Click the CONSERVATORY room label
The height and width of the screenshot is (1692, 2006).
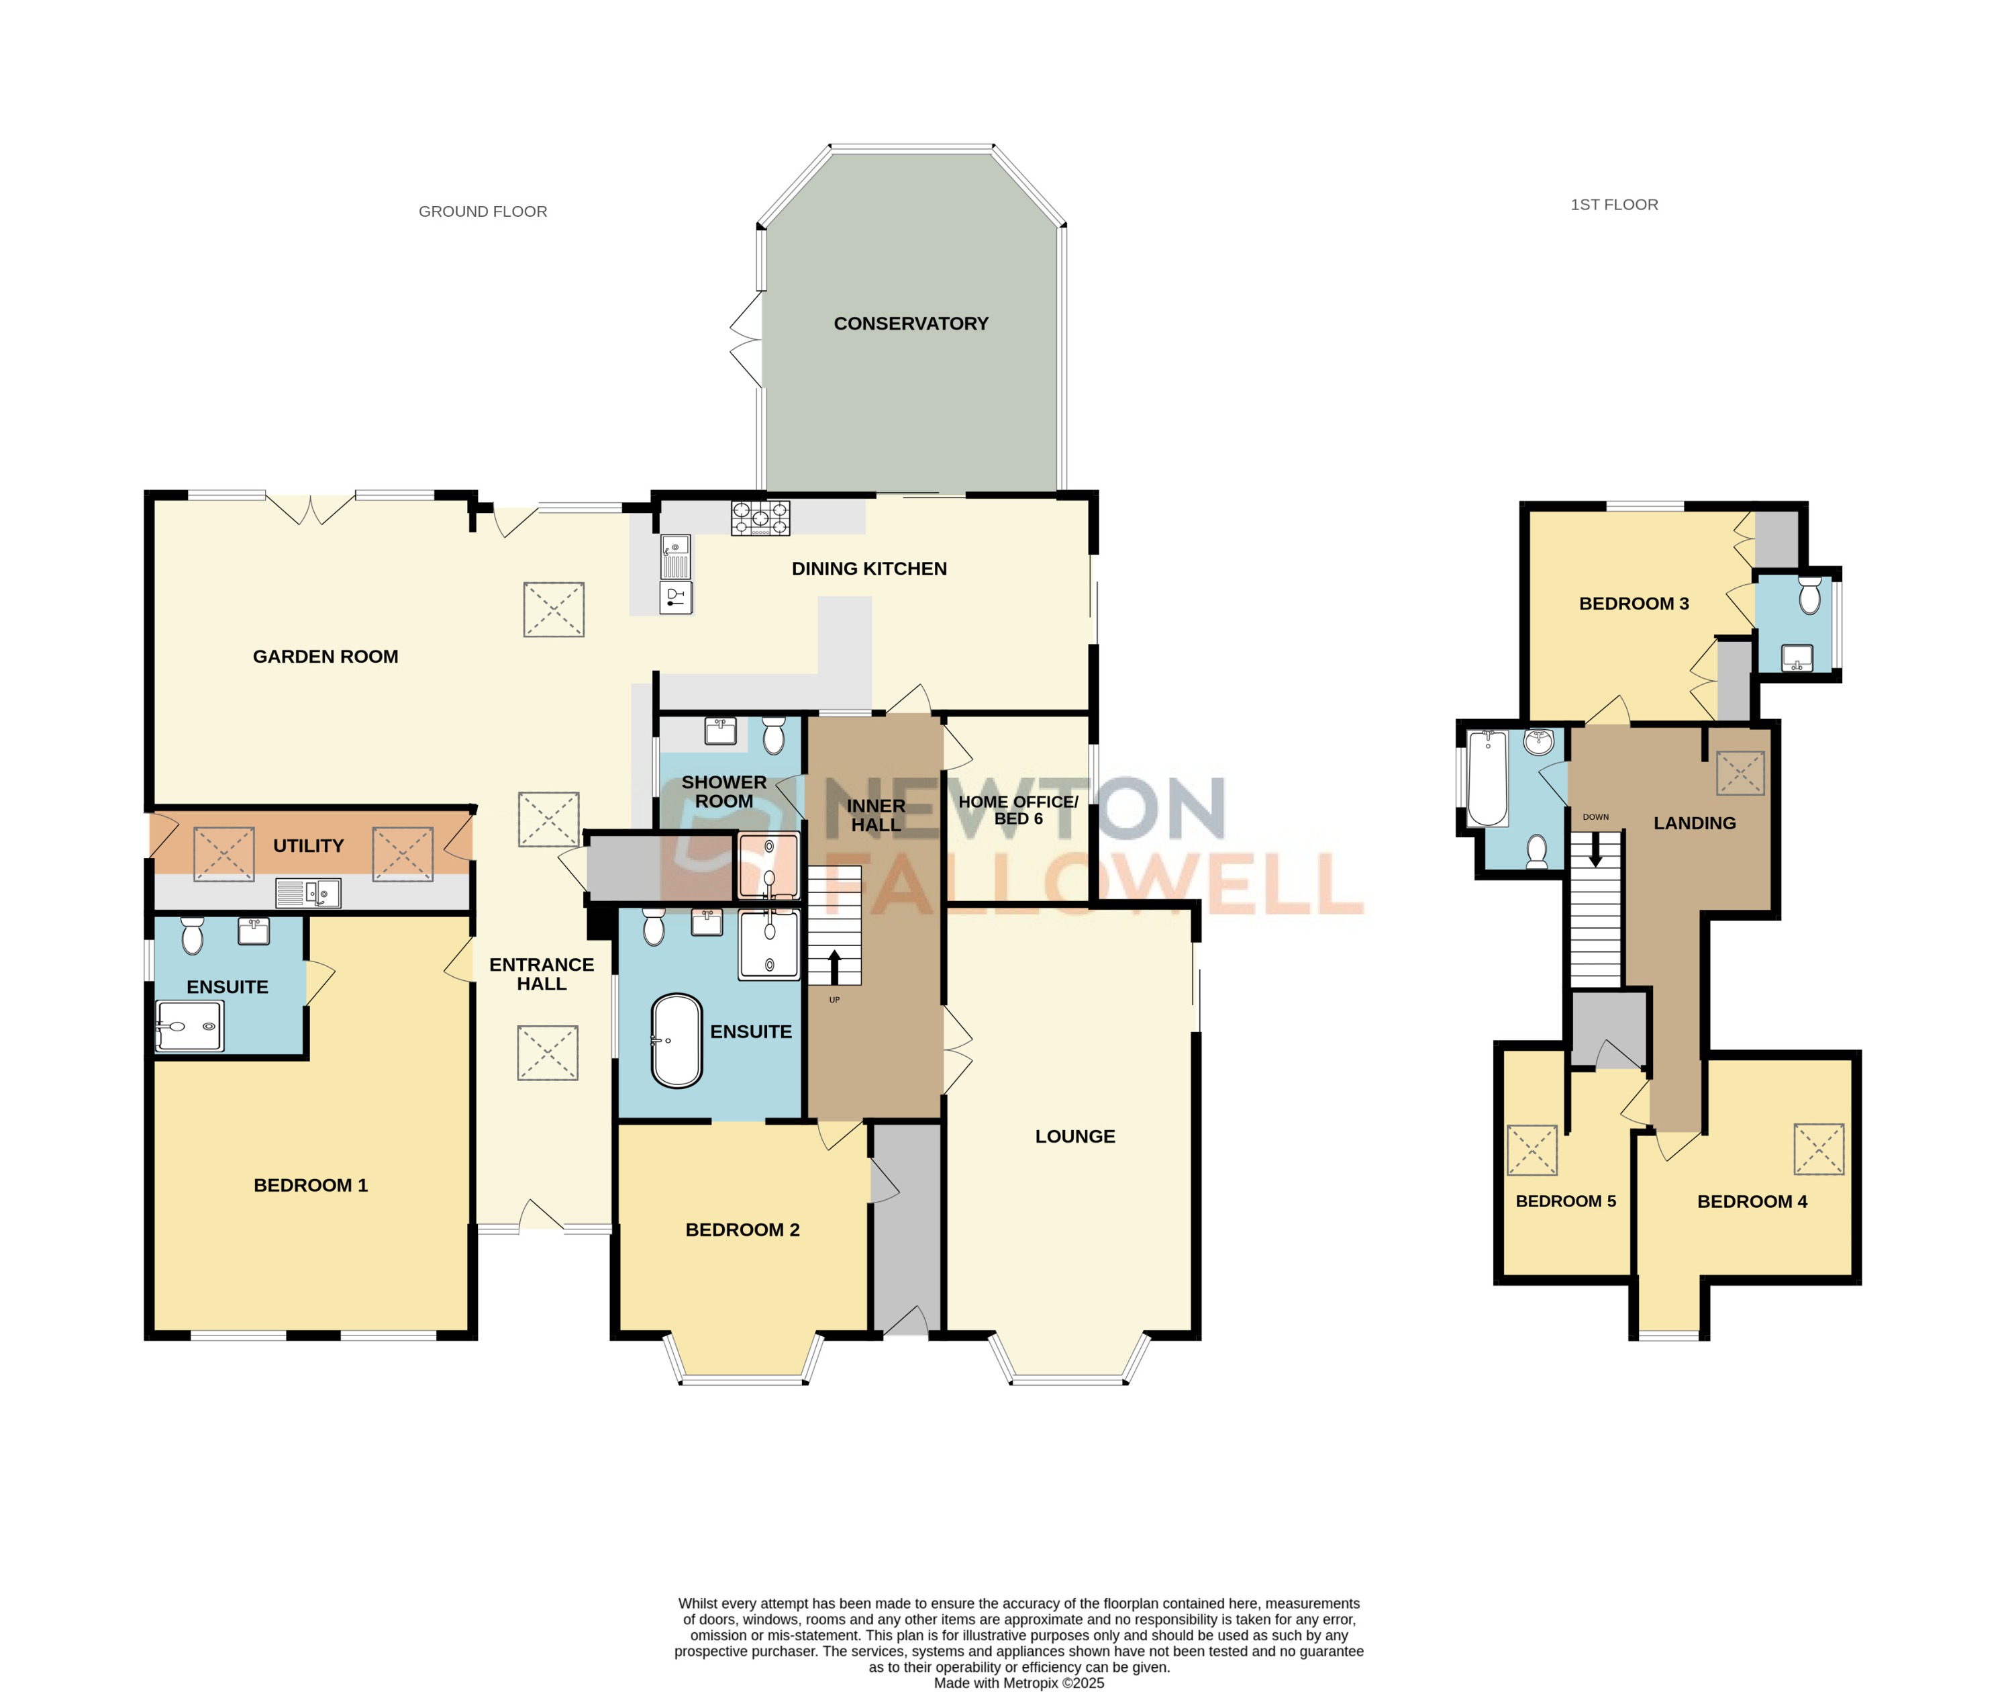click(910, 323)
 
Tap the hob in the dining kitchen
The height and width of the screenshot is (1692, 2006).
click(760, 518)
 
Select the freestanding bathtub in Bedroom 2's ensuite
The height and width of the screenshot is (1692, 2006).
click(677, 1040)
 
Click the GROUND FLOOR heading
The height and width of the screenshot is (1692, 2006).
click(483, 211)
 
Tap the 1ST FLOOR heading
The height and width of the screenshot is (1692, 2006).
click(1614, 204)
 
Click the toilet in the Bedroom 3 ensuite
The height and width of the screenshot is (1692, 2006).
click(1809, 595)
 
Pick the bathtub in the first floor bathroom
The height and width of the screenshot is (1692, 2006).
click(1487, 777)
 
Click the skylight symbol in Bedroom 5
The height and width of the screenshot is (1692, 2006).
click(1532, 1149)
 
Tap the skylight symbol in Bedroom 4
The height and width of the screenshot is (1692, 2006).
click(1818, 1148)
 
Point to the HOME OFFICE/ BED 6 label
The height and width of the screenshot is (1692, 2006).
click(1017, 810)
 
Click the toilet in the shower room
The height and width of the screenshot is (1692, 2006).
click(774, 737)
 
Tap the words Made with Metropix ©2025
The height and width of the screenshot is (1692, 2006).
click(1018, 1683)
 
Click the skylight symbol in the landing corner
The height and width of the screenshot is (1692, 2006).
click(1740, 773)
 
